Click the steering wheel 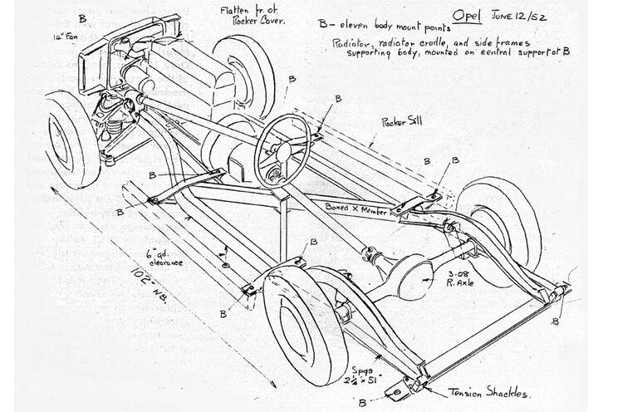[282, 150]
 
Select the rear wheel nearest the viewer [305, 320]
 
